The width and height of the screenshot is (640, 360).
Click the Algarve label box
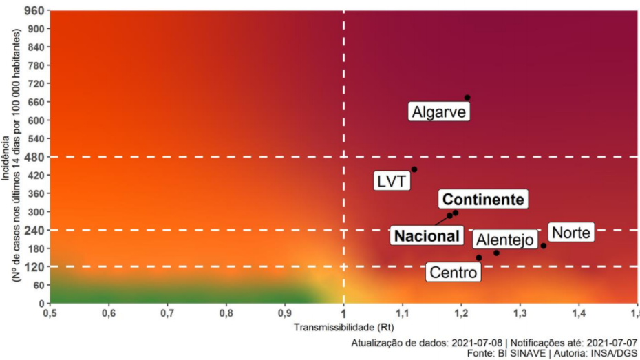[x=439, y=112]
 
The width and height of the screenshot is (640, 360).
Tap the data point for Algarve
[x=467, y=98]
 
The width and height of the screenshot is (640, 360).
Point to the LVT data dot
[x=414, y=169]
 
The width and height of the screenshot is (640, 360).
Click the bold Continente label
[x=484, y=200]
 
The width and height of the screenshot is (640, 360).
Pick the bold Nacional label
[x=427, y=236]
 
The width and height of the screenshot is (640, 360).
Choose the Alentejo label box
[x=504, y=240]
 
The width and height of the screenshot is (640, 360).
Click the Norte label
[x=570, y=233]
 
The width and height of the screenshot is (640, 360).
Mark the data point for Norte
[x=543, y=246]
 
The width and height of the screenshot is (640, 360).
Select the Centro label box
[x=453, y=273]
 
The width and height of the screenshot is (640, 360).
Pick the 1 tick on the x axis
[x=344, y=313]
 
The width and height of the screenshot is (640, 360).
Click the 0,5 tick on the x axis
[x=50, y=313]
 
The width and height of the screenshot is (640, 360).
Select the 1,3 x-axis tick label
[x=520, y=313]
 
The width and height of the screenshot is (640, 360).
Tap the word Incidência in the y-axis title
[x=6, y=157]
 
